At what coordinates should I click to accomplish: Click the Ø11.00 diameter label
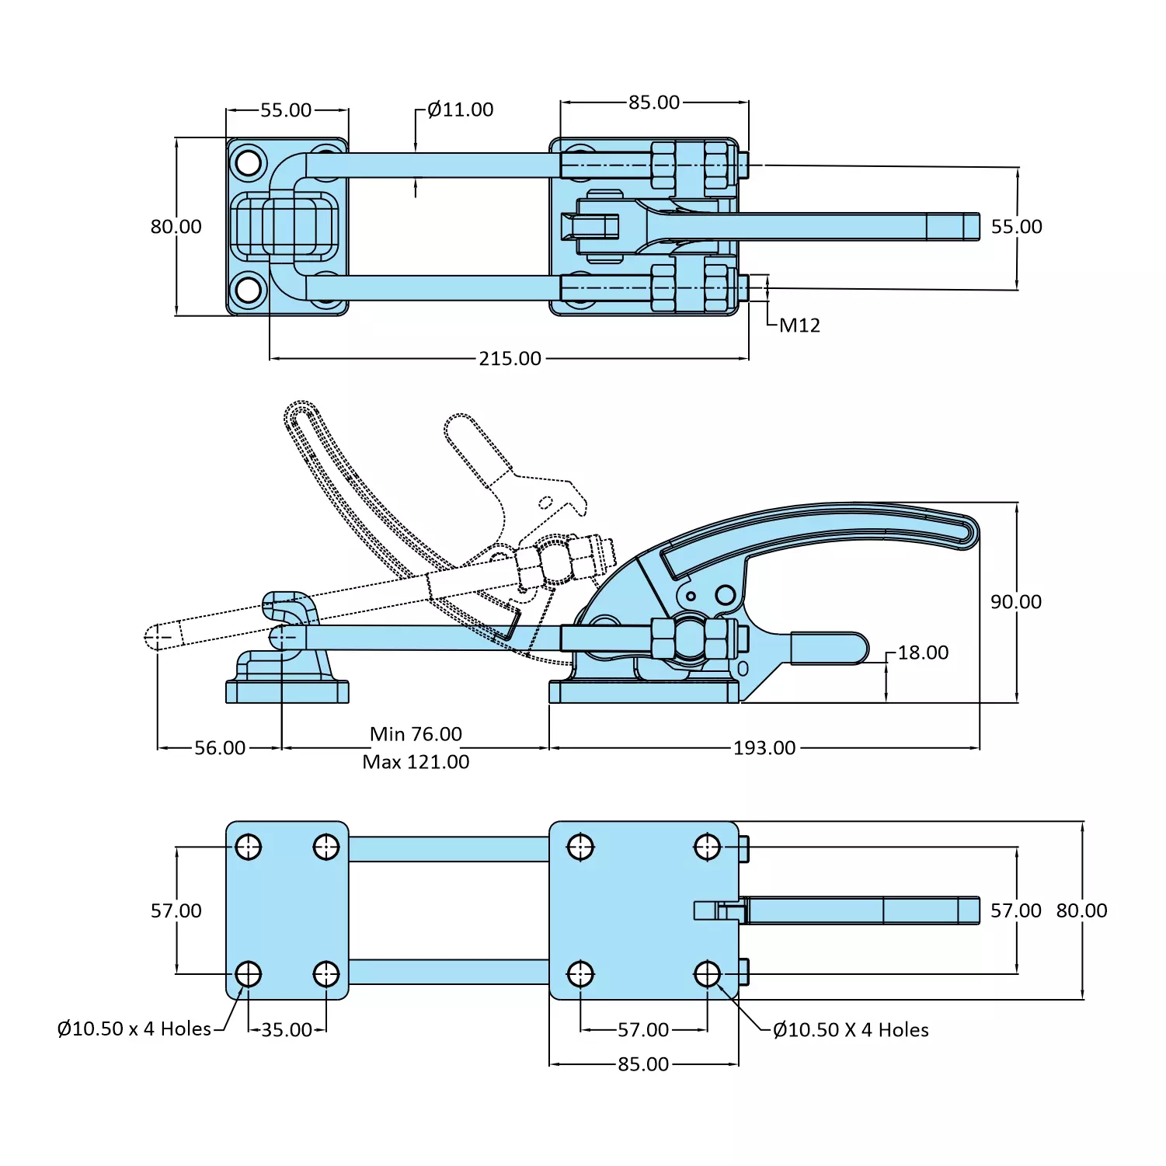click(460, 110)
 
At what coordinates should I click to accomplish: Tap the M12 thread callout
click(799, 325)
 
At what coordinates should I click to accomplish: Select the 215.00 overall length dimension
click(510, 359)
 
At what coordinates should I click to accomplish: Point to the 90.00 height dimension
click(1015, 602)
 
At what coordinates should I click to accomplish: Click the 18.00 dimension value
click(923, 653)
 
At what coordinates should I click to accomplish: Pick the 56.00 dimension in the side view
click(220, 748)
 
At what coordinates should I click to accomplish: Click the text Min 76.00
click(416, 734)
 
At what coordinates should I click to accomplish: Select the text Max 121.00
click(416, 762)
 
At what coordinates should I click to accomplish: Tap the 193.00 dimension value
click(764, 748)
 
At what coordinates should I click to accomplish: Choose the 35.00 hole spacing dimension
click(287, 1030)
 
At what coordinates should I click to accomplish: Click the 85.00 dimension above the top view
click(654, 103)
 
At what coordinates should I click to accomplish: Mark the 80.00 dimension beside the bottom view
click(1081, 910)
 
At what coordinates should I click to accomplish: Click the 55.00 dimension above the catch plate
click(286, 110)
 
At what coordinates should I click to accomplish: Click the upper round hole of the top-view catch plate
click(248, 163)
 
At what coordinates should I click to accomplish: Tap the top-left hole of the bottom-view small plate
click(249, 847)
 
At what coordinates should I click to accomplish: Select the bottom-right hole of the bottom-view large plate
click(707, 973)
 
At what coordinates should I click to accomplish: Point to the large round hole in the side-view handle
click(725, 595)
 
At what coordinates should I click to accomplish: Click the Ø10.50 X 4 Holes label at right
click(851, 1030)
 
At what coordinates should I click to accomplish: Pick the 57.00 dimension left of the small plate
click(176, 910)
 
